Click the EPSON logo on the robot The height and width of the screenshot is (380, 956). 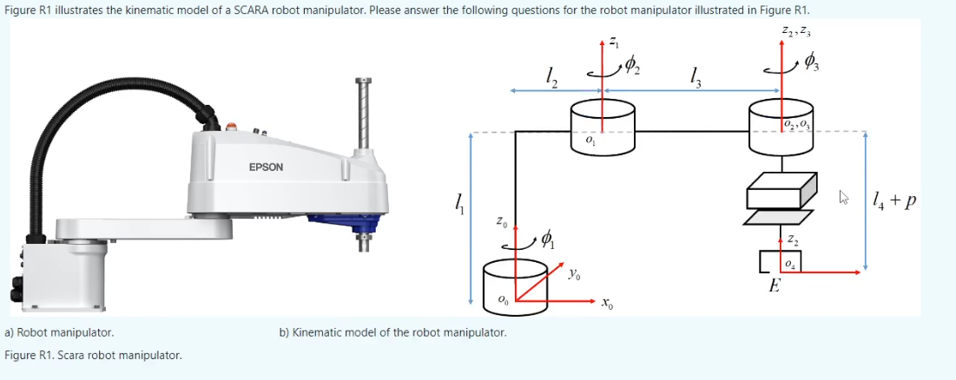[x=266, y=167]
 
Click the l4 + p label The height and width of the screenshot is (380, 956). [x=894, y=202]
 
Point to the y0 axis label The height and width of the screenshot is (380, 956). [x=575, y=275]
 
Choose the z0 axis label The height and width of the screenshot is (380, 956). [x=501, y=222]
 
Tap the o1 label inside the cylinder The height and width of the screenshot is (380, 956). [x=590, y=139]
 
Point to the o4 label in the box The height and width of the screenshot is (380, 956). [x=788, y=262]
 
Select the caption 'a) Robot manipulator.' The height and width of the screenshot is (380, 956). [x=59, y=332]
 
